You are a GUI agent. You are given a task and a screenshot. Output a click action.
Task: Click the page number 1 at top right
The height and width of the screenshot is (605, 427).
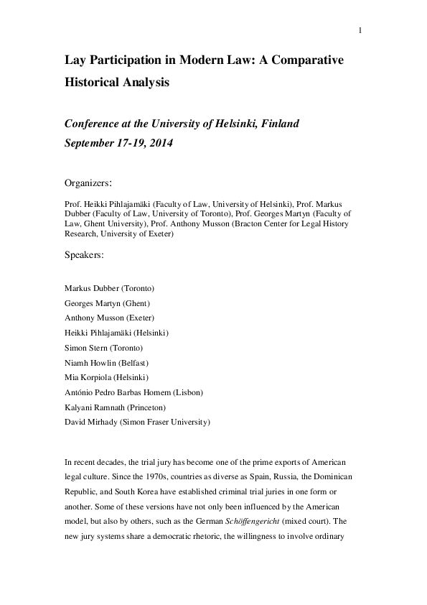pyautogui.click(x=360, y=30)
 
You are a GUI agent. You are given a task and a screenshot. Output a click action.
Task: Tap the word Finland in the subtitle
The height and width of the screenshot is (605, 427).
pyautogui.click(x=274, y=124)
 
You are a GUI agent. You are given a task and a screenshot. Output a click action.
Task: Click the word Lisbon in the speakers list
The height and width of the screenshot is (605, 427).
pyautogui.click(x=188, y=392)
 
